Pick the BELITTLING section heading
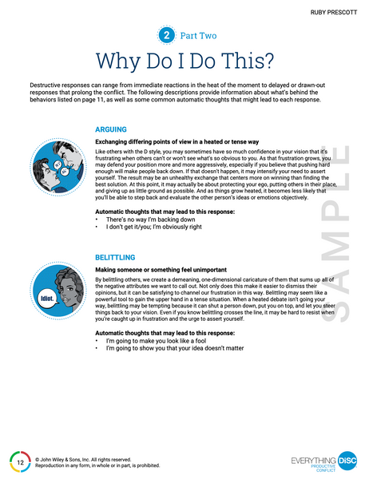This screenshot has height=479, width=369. click(116, 257)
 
